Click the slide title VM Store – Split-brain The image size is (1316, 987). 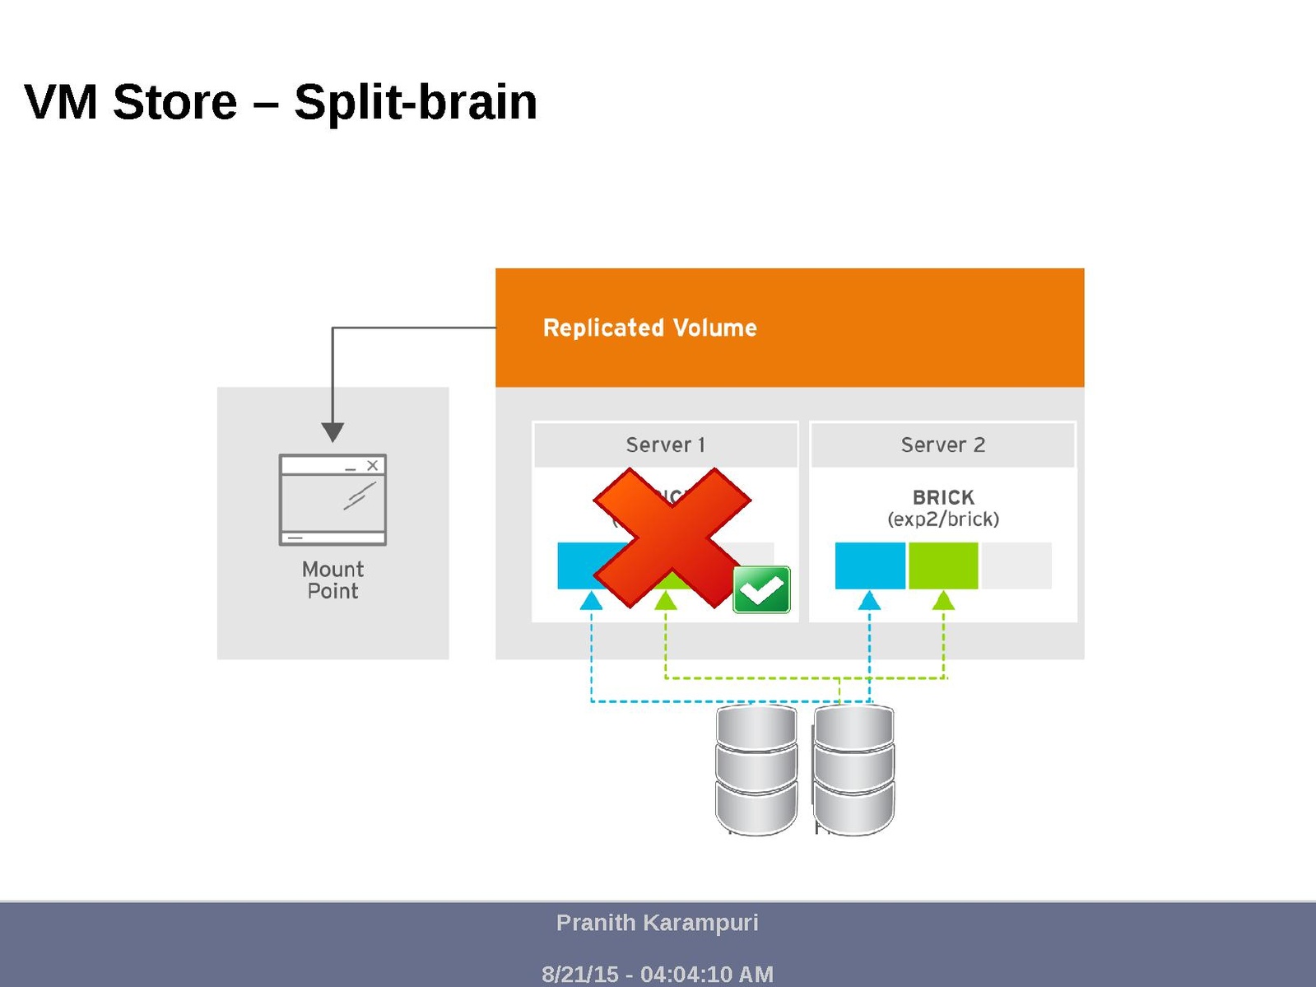pos(281,102)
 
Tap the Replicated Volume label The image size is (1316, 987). pos(649,328)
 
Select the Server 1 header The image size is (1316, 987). pos(665,445)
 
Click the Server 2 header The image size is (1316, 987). pos(942,445)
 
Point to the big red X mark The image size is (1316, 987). pos(671,537)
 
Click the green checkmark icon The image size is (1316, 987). pos(761,589)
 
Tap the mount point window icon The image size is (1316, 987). pos(332,500)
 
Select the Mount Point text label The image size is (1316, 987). pos(332,580)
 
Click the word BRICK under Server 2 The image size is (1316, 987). pos(943,497)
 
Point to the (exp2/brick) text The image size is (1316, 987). pos(943,519)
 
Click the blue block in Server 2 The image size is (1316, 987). pos(870,566)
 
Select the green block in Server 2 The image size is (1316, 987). pos(943,566)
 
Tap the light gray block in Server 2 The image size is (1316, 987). pos(1016,566)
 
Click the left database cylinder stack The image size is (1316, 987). pos(756,770)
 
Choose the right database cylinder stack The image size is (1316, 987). pos(853,770)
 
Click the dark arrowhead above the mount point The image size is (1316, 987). pos(332,431)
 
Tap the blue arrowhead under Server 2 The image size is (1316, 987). pos(870,602)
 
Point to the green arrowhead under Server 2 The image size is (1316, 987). pos(943,602)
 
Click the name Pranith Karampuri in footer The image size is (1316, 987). pos(657,923)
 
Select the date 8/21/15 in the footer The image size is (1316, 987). pos(579,975)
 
